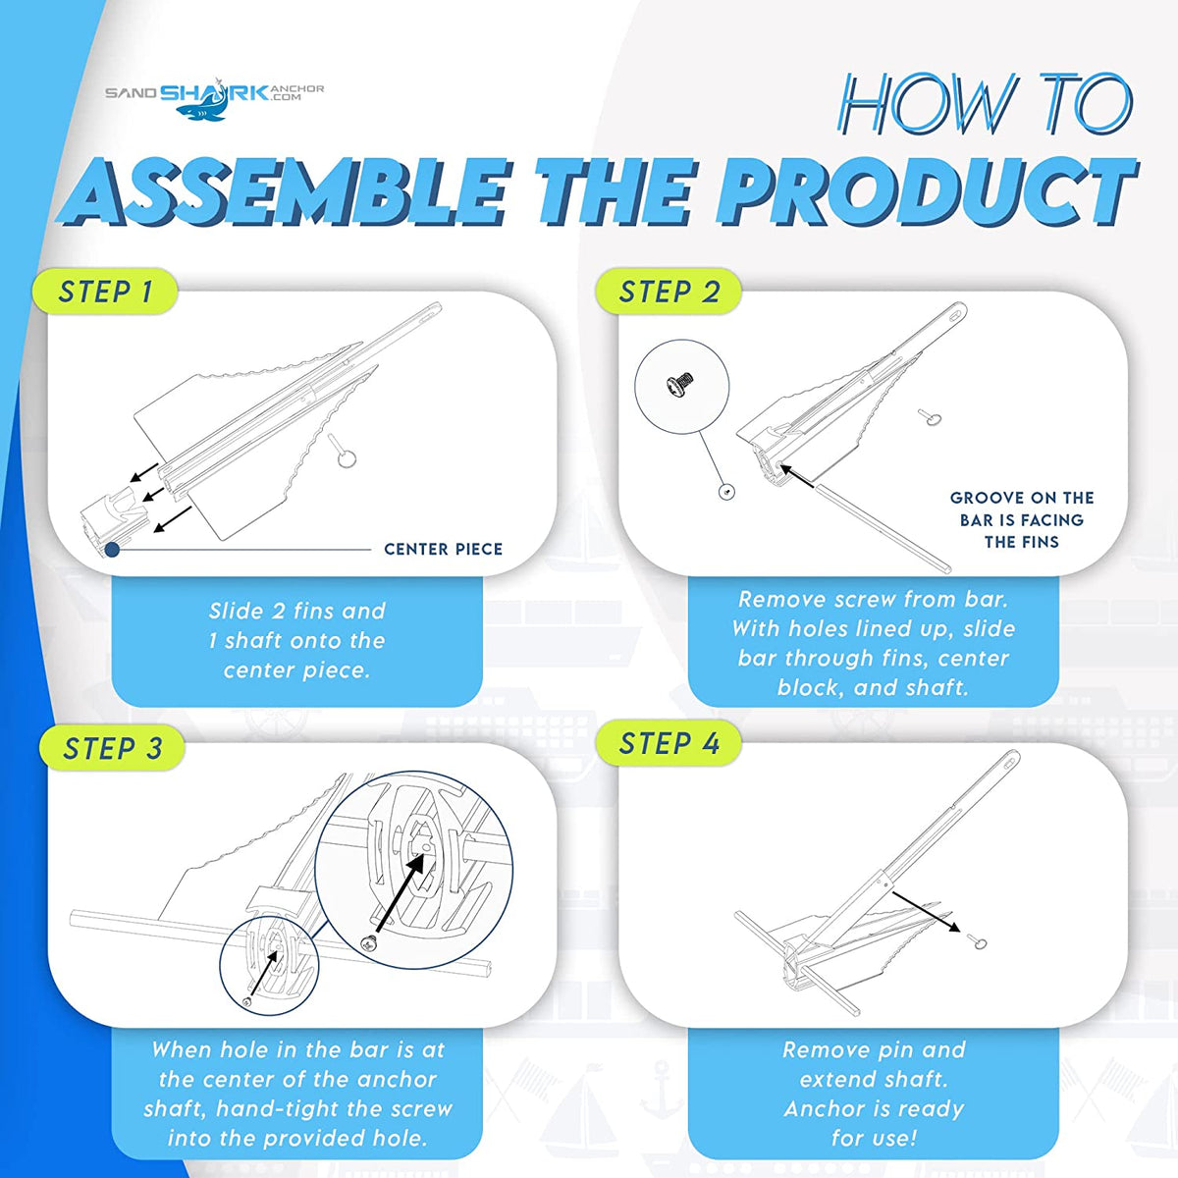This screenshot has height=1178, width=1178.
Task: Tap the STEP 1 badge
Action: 105,292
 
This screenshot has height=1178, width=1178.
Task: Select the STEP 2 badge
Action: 669,292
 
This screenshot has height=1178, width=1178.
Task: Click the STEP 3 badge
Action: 112,748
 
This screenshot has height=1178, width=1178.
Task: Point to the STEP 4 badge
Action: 669,744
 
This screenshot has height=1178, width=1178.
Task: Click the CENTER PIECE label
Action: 443,549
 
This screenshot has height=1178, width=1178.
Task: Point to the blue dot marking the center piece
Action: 112,550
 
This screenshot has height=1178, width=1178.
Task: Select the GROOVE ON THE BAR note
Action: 1021,519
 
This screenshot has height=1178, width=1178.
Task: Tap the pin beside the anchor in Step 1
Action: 343,452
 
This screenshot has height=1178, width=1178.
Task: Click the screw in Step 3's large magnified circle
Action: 370,942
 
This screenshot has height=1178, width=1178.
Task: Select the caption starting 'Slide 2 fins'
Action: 296,640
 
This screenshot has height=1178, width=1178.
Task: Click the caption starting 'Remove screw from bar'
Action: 873,643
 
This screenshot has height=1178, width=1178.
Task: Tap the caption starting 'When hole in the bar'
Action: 296,1094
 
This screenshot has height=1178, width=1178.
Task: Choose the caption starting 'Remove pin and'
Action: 873,1094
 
